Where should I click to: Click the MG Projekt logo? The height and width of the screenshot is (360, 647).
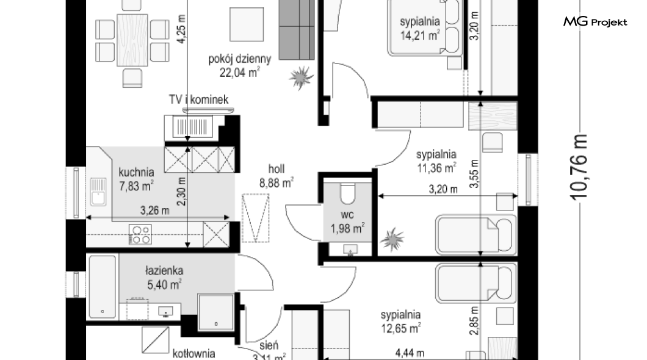(595, 22)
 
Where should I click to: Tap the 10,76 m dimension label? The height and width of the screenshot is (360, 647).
(579, 167)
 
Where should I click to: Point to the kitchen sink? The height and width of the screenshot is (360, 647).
(98, 192)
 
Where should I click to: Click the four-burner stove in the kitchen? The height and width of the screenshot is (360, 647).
(140, 234)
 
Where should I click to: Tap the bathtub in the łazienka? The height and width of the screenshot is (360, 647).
(103, 287)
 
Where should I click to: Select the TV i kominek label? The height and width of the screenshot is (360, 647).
(198, 99)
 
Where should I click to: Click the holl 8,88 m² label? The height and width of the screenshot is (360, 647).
(277, 176)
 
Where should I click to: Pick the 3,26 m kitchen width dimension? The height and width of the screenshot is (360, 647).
(155, 211)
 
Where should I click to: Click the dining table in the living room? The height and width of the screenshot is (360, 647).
(132, 40)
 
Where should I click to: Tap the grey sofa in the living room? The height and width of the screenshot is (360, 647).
(297, 30)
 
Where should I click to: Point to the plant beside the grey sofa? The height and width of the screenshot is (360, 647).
(301, 77)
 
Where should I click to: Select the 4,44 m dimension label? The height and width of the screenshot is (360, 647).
(410, 353)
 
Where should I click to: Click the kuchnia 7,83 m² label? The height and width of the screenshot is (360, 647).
(136, 179)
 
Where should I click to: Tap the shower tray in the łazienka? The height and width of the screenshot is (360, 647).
(216, 312)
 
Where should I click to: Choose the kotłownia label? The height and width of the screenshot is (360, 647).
(194, 354)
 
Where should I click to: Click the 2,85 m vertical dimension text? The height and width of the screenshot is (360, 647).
(474, 320)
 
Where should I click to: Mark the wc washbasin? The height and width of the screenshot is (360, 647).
(351, 249)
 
